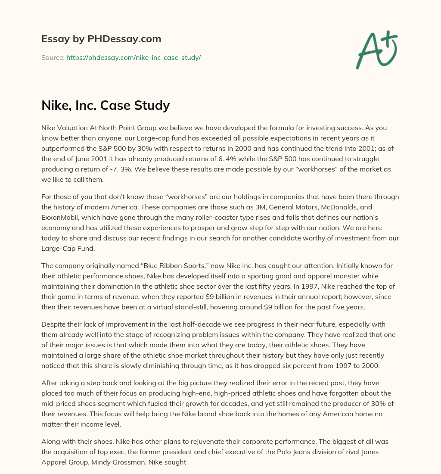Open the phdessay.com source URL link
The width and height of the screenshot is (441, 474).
click(x=134, y=57)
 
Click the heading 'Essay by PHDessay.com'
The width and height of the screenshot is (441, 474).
click(x=101, y=39)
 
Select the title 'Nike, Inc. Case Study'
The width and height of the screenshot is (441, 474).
click(x=106, y=105)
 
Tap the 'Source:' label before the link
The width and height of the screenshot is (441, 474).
click(x=53, y=57)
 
